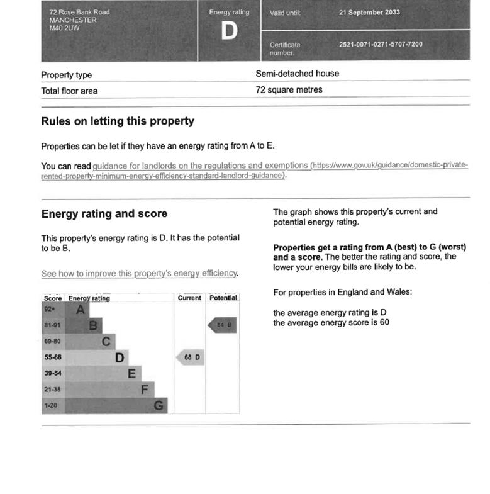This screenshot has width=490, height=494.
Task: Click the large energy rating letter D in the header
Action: point(229,31)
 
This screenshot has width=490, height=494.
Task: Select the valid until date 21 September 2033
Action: point(369,13)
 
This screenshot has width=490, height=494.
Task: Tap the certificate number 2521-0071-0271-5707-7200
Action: point(381,45)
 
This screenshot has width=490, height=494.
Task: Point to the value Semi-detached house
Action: point(297,74)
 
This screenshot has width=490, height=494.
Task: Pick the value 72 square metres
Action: point(289,90)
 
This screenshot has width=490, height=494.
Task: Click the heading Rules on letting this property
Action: point(118,121)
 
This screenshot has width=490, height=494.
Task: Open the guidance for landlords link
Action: point(201,166)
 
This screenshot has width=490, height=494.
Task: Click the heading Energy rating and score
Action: point(104,214)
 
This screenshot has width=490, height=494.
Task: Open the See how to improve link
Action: point(139,274)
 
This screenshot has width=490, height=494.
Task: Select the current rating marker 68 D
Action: point(191,357)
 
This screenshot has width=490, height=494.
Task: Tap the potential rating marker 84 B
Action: point(223,325)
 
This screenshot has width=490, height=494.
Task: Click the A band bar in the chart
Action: point(77,310)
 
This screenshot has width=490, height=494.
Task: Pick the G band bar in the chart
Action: point(116,406)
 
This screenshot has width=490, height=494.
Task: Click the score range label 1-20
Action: point(50,406)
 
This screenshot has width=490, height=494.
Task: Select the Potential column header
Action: point(223,298)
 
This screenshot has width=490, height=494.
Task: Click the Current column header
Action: point(189,298)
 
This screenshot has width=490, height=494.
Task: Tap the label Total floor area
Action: point(69,91)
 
